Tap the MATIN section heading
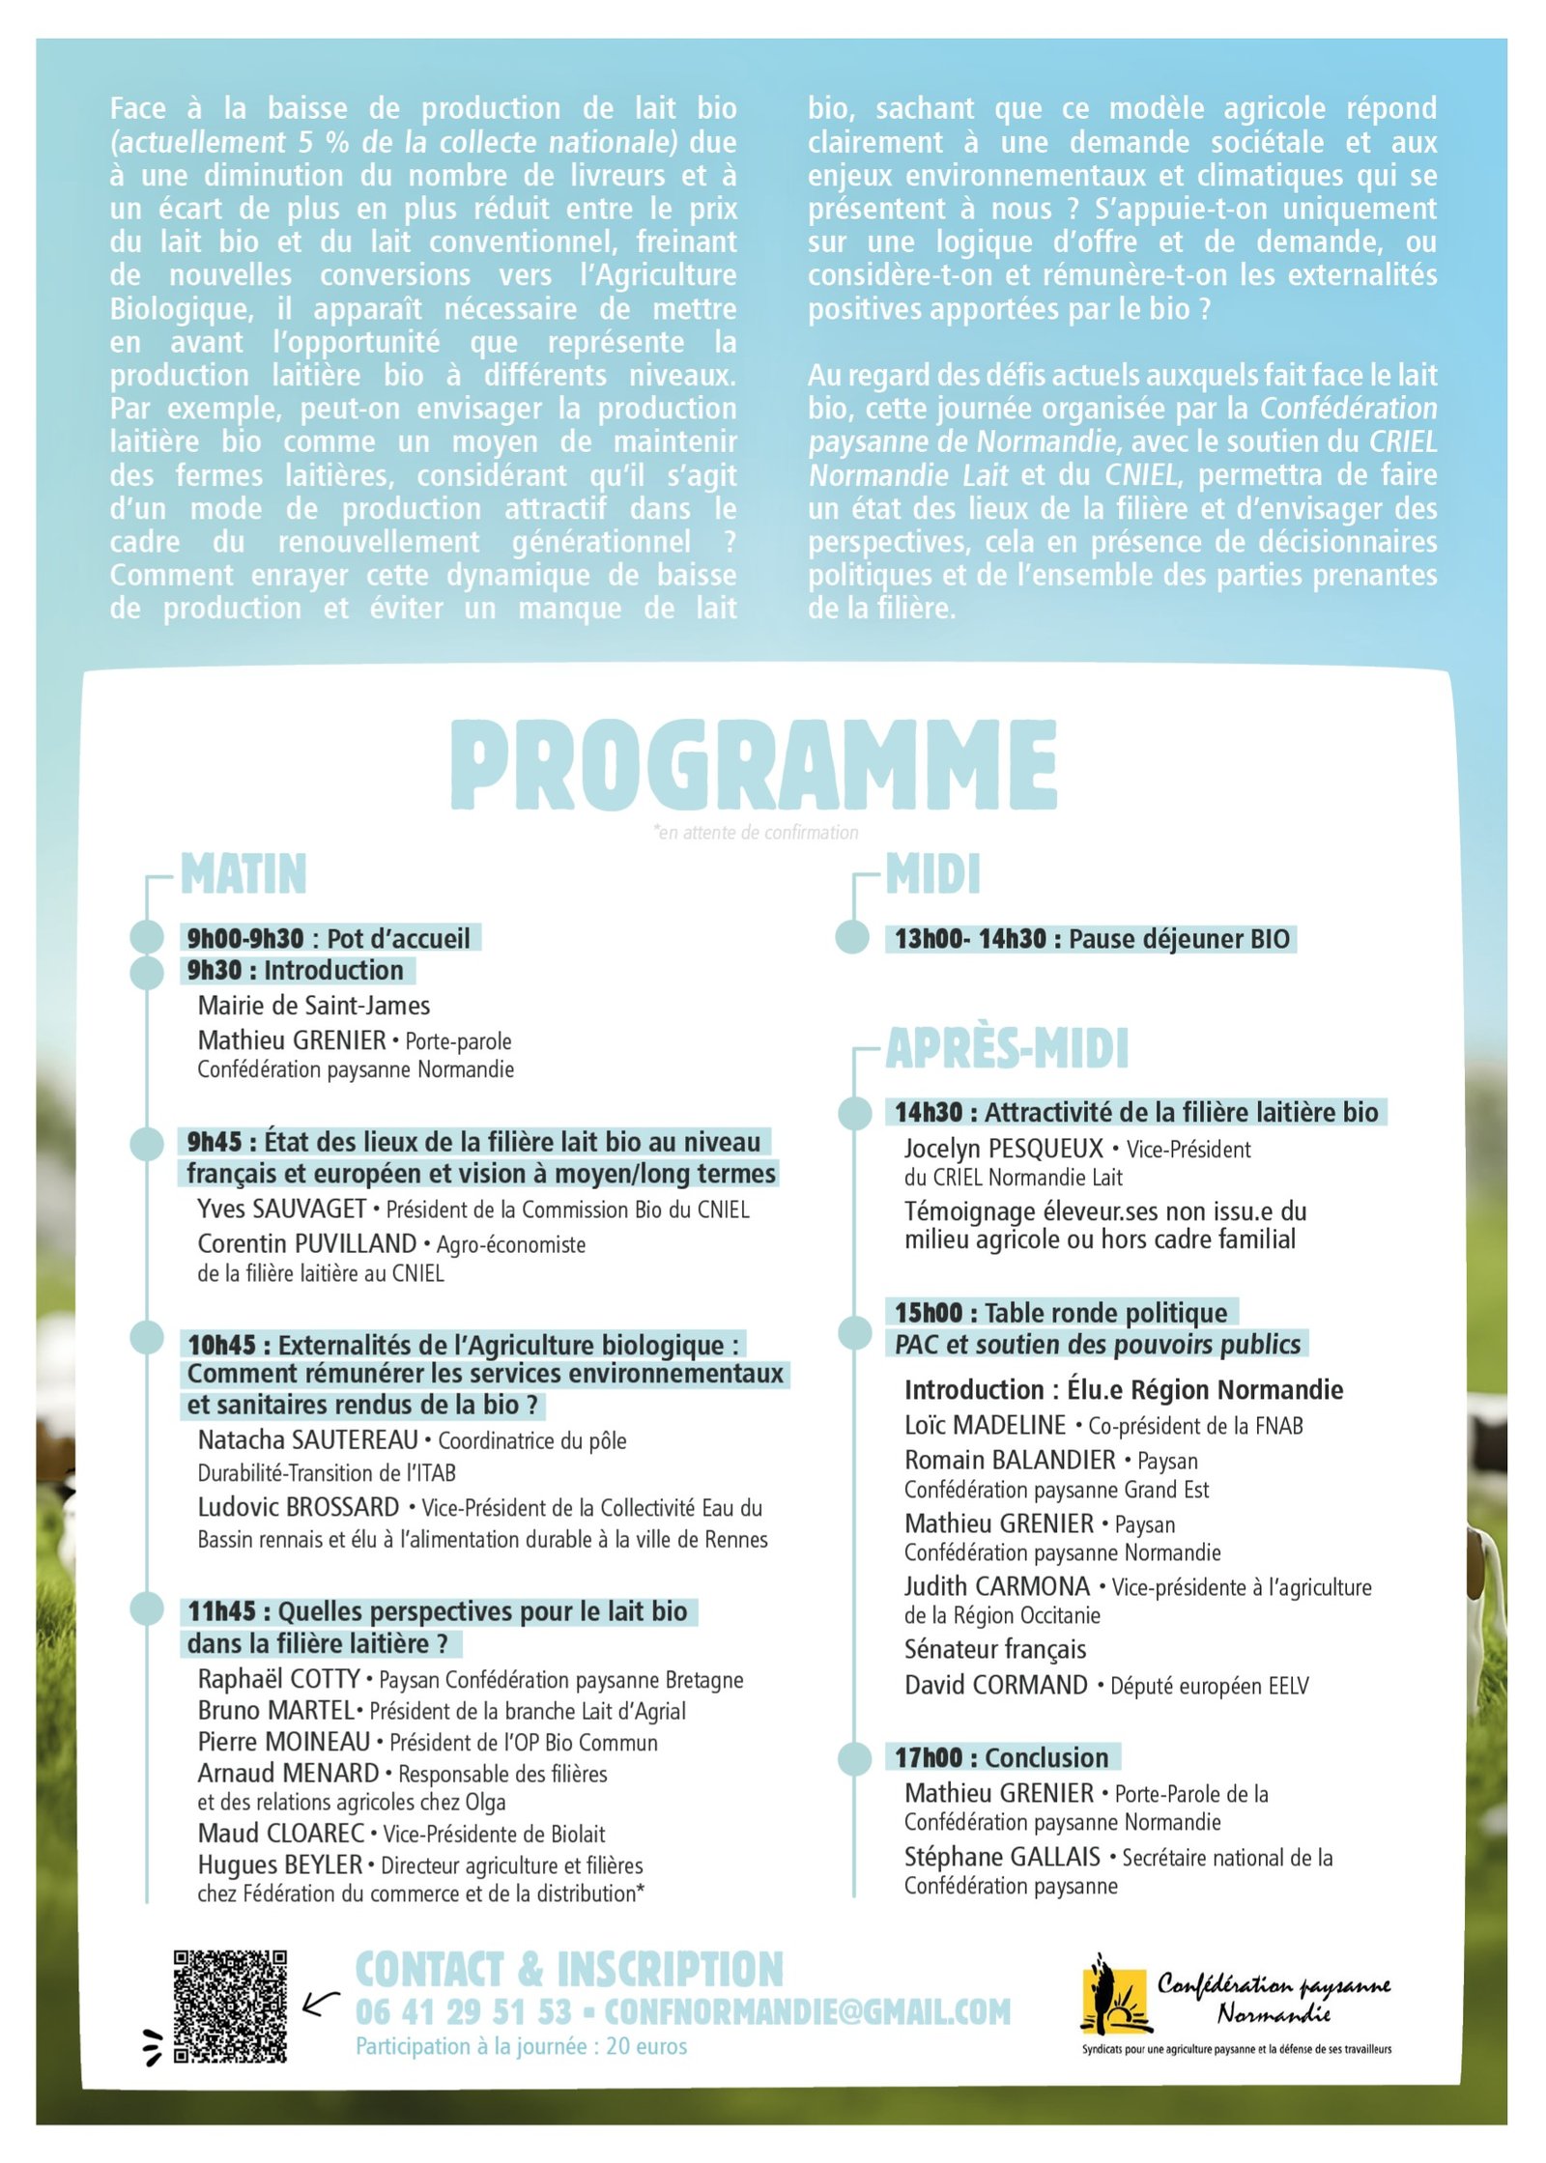coord(243,874)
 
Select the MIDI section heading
coord(932,874)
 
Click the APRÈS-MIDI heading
coord(1007,1048)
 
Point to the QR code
coord(230,2006)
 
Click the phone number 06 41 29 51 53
coord(464,2012)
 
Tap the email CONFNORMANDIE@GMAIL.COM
coord(807,2012)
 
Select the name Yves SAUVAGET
coord(281,1209)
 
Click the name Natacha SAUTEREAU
coord(307,1440)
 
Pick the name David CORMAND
coord(995,1685)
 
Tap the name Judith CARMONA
coord(996,1586)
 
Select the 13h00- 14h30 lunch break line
coord(1091,939)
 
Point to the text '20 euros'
coord(646,2046)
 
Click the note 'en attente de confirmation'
coord(756,833)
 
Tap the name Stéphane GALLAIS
coord(1002,1857)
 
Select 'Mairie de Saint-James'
coord(314,1006)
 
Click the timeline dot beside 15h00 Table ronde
coord(854,1332)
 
